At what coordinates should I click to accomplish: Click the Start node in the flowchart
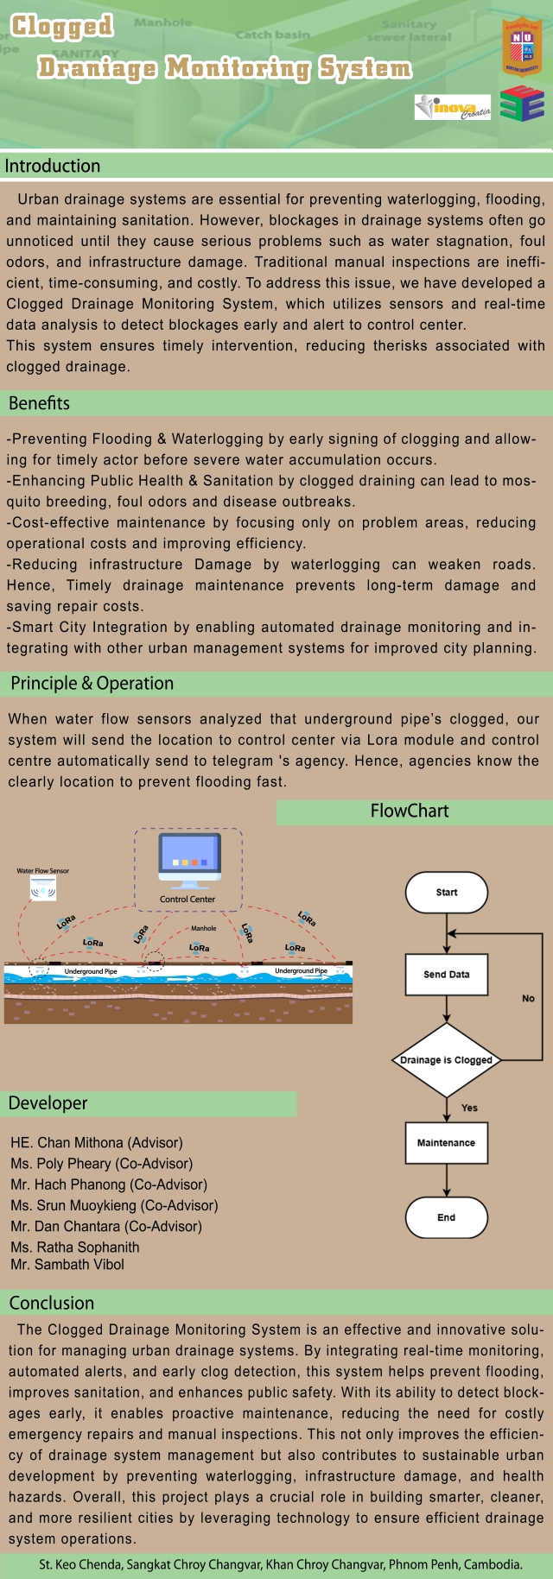click(446, 892)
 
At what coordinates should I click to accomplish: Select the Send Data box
click(446, 974)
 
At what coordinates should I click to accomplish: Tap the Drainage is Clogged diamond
click(446, 1059)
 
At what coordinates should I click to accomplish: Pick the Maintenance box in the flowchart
click(446, 1142)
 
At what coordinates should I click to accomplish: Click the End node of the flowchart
click(446, 1217)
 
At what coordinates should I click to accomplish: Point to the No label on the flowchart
click(528, 998)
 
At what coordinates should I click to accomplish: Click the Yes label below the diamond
click(469, 1108)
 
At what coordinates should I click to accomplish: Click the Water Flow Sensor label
click(43, 871)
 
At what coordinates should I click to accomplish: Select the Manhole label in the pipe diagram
click(204, 928)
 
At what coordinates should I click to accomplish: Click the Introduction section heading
click(53, 166)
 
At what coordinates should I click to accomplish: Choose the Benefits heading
click(40, 403)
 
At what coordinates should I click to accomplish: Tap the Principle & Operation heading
click(92, 684)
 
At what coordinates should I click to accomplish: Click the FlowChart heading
click(410, 811)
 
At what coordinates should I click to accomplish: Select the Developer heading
click(48, 1103)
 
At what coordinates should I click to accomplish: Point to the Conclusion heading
click(52, 1303)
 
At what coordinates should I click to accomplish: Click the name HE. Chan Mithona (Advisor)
click(97, 1142)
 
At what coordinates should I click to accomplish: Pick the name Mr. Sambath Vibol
click(67, 1265)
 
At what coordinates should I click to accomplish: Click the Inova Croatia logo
click(453, 107)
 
